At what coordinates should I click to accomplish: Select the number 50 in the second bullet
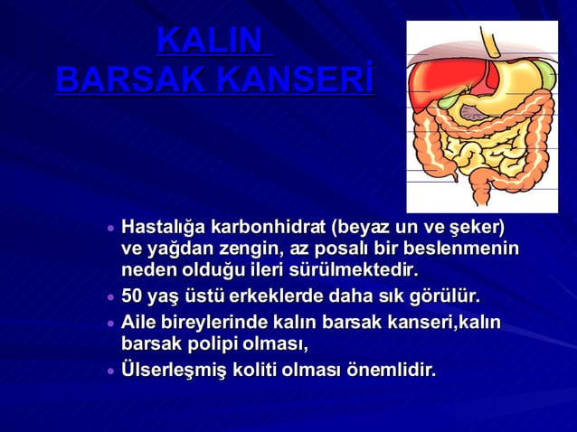coord(132,296)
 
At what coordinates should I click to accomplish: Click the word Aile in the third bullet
coord(139,323)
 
